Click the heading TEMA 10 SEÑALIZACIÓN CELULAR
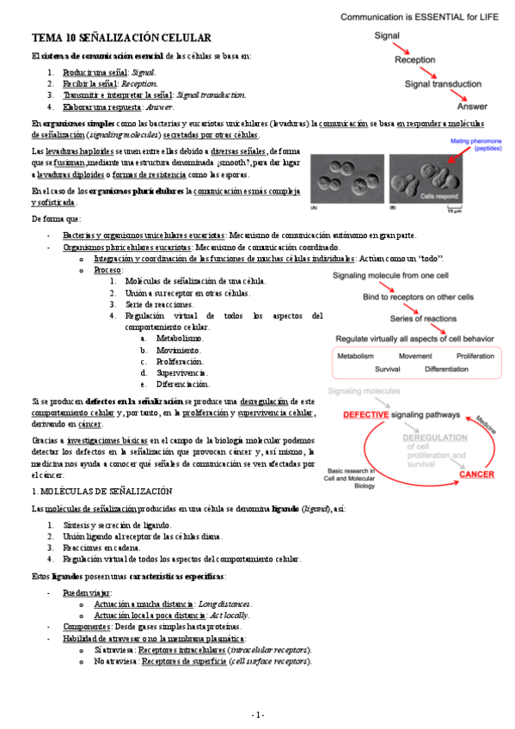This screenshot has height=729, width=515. [x=120, y=39]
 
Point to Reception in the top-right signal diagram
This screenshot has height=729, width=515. [x=415, y=60]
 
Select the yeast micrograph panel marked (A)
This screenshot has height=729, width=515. [x=346, y=182]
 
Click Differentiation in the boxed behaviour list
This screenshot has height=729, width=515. [x=453, y=369]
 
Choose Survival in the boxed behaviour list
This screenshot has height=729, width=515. [x=390, y=369]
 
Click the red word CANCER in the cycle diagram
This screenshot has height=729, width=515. [x=475, y=474]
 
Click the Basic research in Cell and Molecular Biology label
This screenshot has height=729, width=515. [x=353, y=479]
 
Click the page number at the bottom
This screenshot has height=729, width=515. [x=258, y=715]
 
